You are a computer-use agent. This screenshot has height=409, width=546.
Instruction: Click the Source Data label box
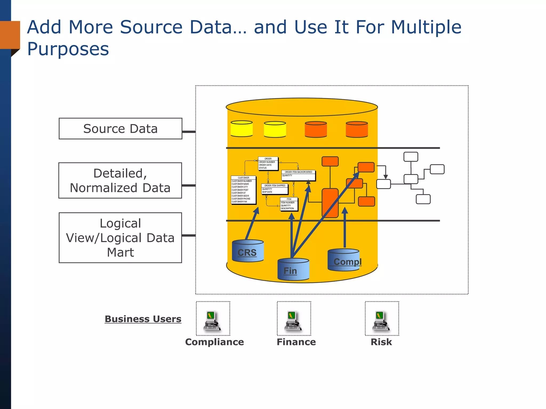click(x=120, y=129)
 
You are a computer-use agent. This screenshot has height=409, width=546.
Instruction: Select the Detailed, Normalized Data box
click(x=120, y=181)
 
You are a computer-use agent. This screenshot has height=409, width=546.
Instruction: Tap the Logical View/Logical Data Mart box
click(x=120, y=238)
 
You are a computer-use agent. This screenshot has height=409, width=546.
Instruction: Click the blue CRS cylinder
click(x=248, y=251)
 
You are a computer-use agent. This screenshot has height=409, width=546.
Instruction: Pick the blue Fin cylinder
click(x=293, y=269)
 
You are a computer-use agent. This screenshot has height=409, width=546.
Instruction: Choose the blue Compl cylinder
click(x=343, y=260)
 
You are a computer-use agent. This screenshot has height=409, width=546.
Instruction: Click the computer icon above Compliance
click(x=213, y=320)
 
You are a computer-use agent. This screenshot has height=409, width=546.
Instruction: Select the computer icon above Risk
click(x=382, y=320)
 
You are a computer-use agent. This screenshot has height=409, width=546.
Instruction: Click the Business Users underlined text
click(x=143, y=319)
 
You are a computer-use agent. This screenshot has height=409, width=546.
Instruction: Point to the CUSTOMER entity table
click(x=243, y=190)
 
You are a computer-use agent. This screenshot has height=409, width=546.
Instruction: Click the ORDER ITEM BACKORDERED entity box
click(x=298, y=175)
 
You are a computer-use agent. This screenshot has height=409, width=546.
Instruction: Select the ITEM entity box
click(x=289, y=204)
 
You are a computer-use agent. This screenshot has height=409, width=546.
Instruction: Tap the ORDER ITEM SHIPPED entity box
click(x=275, y=189)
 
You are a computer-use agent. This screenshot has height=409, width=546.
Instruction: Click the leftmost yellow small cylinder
click(x=242, y=129)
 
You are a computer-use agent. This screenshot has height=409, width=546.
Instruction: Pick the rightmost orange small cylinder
click(x=357, y=129)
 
